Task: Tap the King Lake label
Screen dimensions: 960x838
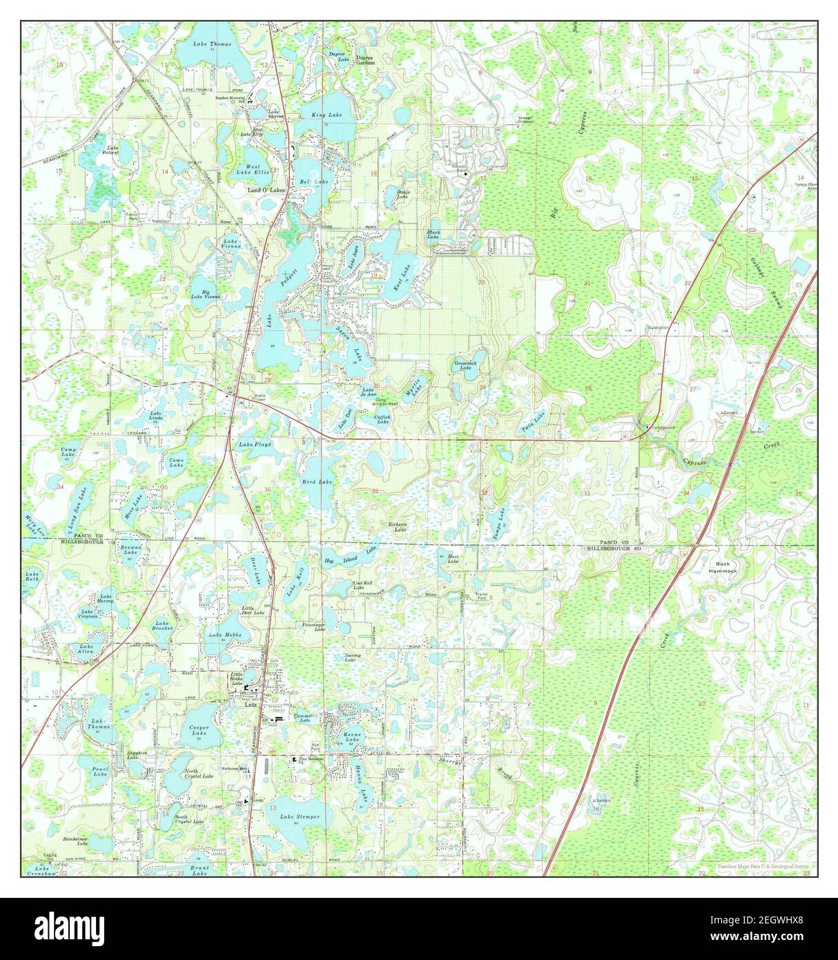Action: tap(326, 115)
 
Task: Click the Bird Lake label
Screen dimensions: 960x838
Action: tap(317, 481)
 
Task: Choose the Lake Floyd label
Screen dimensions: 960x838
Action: tap(255, 445)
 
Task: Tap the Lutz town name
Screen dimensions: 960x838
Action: tap(251, 705)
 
